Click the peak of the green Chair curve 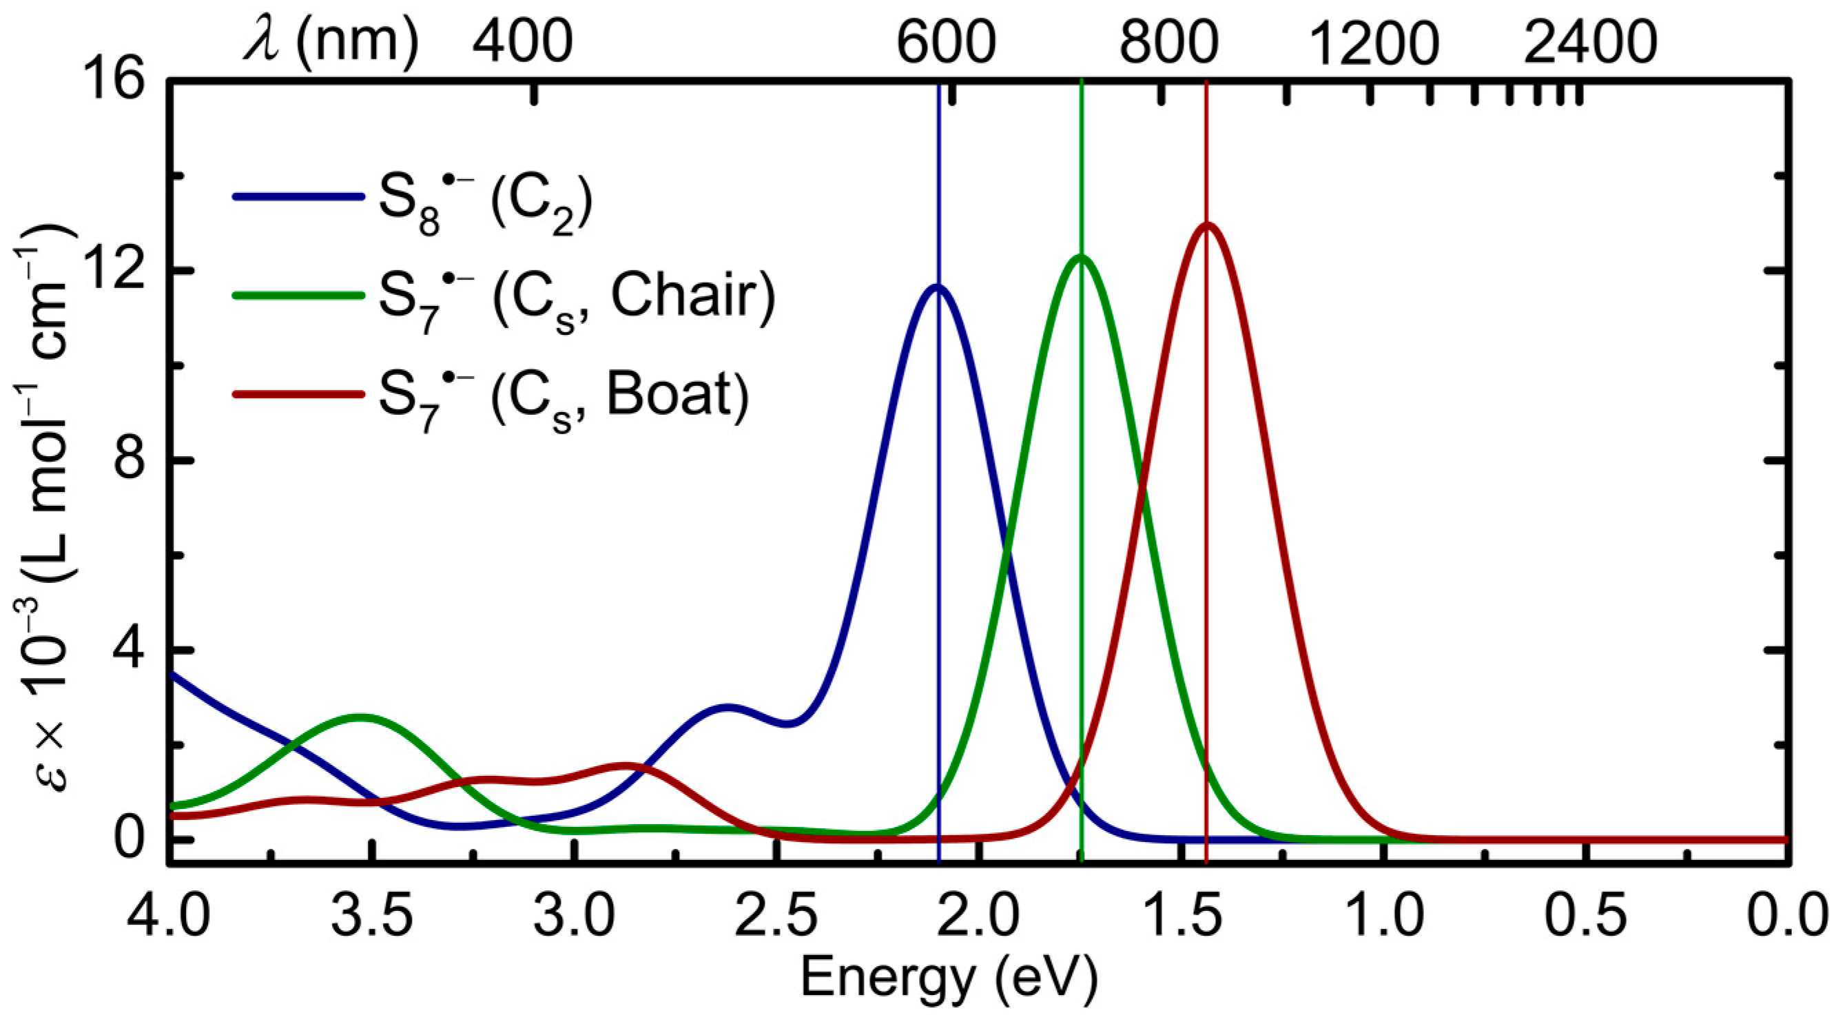(1081, 256)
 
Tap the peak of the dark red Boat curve (1206, 225)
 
